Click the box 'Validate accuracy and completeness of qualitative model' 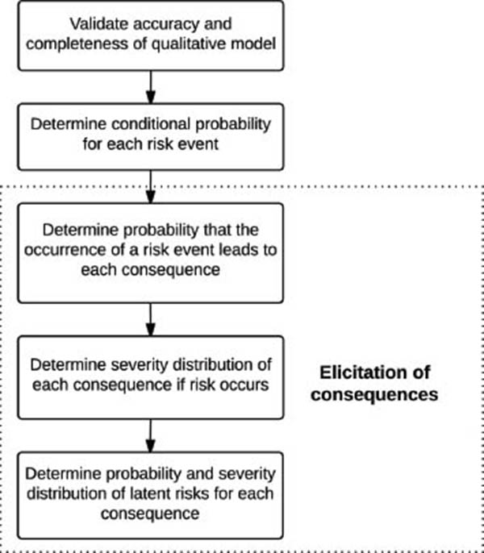pos(151,35)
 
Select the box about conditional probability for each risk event pos(151,137)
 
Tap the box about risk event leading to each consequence pos(151,253)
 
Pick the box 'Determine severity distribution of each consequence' pos(151,377)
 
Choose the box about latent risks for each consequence pos(151,495)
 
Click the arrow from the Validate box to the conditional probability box pos(151,87)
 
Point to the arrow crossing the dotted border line pos(151,187)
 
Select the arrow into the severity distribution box pos(151,319)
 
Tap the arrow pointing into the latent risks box pos(151,436)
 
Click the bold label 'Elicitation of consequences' pos(374,383)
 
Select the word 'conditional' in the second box pos(152,124)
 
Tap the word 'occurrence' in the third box pos(65,250)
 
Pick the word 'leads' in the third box pos(236,250)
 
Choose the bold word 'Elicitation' pos(374,372)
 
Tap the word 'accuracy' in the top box pos(162,25)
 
